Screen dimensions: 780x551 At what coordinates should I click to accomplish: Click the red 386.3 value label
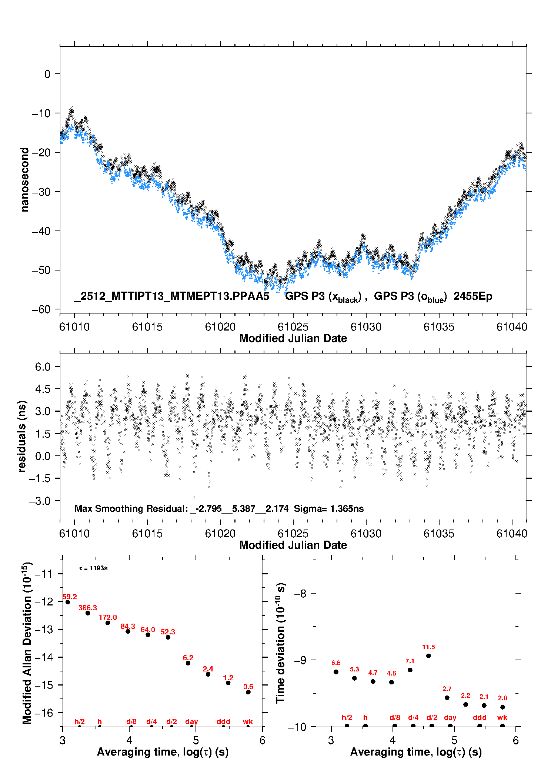[88, 608]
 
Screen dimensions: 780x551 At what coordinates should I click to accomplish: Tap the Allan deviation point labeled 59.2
[68, 602]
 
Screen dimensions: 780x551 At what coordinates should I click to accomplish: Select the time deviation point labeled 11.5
[428, 655]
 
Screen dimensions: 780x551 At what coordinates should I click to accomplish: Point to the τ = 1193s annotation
[93, 568]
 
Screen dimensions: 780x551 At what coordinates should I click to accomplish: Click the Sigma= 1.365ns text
[329, 508]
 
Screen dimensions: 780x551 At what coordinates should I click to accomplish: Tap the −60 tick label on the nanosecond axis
[41, 309]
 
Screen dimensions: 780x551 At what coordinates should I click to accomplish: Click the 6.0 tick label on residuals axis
[43, 366]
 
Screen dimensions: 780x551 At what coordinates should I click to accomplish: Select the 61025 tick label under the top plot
[293, 327]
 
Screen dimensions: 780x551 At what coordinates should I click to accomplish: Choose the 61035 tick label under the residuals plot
[439, 534]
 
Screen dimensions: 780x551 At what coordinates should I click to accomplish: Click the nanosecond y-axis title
[24, 179]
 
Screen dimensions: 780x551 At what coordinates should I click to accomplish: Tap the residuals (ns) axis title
[22, 436]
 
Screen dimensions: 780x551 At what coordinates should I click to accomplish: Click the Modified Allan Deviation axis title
[27, 643]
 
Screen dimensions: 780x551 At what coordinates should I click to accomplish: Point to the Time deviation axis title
[280, 643]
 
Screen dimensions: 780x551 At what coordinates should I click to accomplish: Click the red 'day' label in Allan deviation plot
[191, 721]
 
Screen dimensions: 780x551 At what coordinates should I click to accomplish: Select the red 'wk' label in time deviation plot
[502, 717]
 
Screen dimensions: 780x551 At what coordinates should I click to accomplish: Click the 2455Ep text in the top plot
[473, 296]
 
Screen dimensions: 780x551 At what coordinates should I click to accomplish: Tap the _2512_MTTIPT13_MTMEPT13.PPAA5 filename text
[171, 296]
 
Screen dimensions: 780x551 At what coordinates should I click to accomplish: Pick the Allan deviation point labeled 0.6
[248, 692]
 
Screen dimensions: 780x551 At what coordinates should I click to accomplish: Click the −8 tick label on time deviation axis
[300, 594]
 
